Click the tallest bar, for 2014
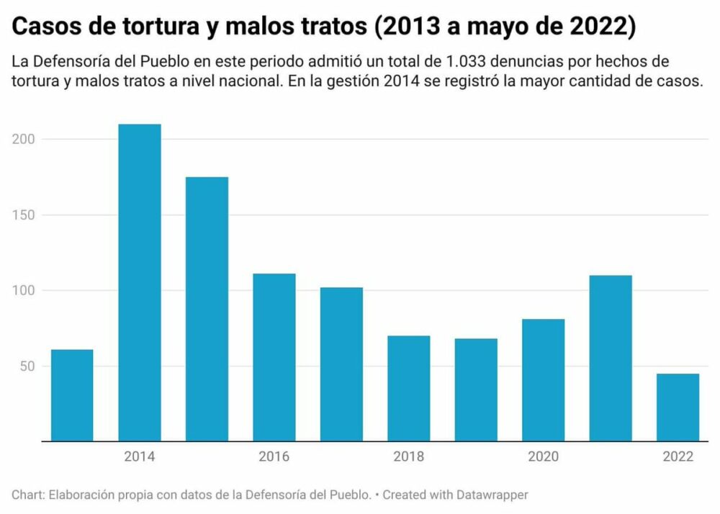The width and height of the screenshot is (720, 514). tap(140, 282)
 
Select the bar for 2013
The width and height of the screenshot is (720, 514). tap(72, 395)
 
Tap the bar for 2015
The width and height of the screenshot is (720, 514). tap(207, 309)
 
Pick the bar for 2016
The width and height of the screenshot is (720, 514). tap(274, 357)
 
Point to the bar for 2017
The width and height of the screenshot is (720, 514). tap(341, 364)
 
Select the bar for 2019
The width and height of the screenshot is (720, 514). tap(476, 389)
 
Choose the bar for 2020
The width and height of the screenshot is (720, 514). tap(544, 380)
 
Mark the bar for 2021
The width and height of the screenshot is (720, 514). tap(611, 358)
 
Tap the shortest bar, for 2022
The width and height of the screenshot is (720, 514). tap(678, 407)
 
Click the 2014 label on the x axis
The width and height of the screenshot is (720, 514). tap(140, 456)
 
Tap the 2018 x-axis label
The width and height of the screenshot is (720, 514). tap(409, 456)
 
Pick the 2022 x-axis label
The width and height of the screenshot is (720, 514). tap(678, 456)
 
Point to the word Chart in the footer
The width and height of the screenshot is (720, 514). tap(26, 495)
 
